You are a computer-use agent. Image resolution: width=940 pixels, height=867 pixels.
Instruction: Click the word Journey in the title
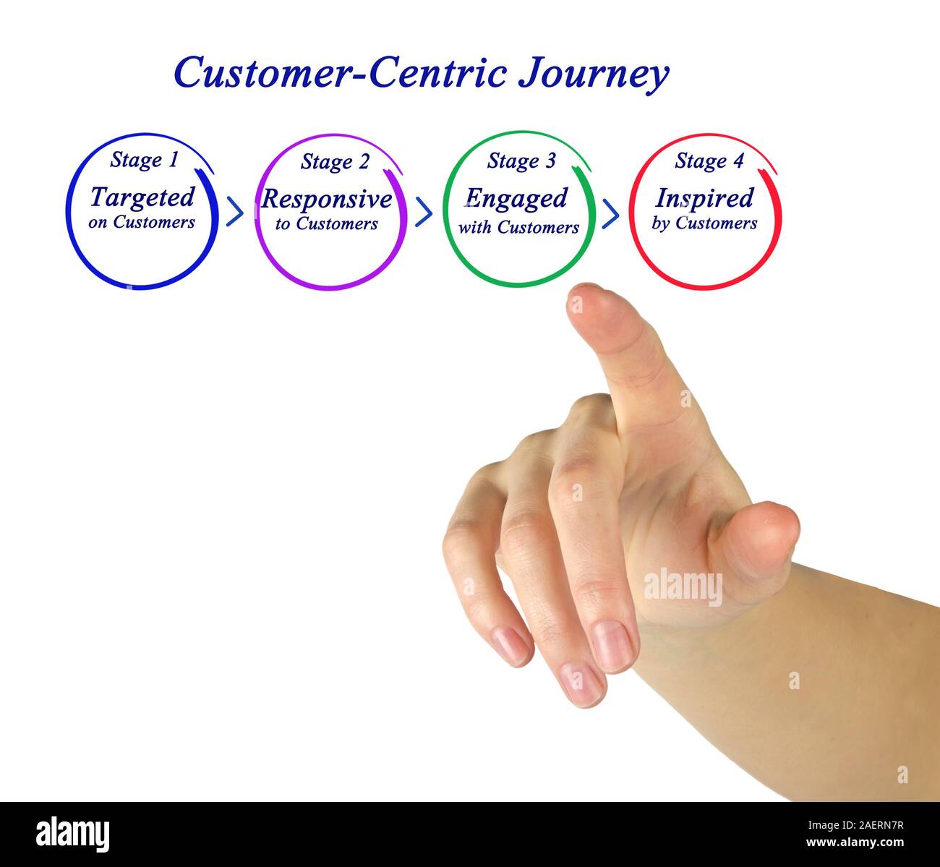(593, 74)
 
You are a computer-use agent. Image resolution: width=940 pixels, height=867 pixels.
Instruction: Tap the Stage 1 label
(143, 160)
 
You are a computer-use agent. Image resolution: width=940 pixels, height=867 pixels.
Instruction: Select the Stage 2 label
(334, 162)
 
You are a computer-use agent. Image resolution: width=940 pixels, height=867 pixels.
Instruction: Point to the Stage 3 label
(521, 161)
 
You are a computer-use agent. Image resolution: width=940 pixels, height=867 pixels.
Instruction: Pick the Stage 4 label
(709, 161)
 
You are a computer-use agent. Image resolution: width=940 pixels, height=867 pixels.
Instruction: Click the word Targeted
(142, 197)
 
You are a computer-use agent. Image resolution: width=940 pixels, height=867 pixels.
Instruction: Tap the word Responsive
(327, 199)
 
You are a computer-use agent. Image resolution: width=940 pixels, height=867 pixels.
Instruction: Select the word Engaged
(516, 199)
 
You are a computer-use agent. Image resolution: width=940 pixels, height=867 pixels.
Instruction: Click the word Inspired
(704, 198)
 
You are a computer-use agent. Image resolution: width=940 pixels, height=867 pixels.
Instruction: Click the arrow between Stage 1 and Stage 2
(234, 211)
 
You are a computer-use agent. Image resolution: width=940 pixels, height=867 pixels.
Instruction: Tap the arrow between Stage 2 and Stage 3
(424, 211)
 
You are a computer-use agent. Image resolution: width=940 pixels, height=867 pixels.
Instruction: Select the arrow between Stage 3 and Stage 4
(611, 213)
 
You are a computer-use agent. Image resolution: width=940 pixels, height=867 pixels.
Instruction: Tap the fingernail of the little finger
(511, 645)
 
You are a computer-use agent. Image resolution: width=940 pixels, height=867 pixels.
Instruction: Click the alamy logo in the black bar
(72, 834)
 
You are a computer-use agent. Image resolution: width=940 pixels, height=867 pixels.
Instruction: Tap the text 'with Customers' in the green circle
(518, 228)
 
